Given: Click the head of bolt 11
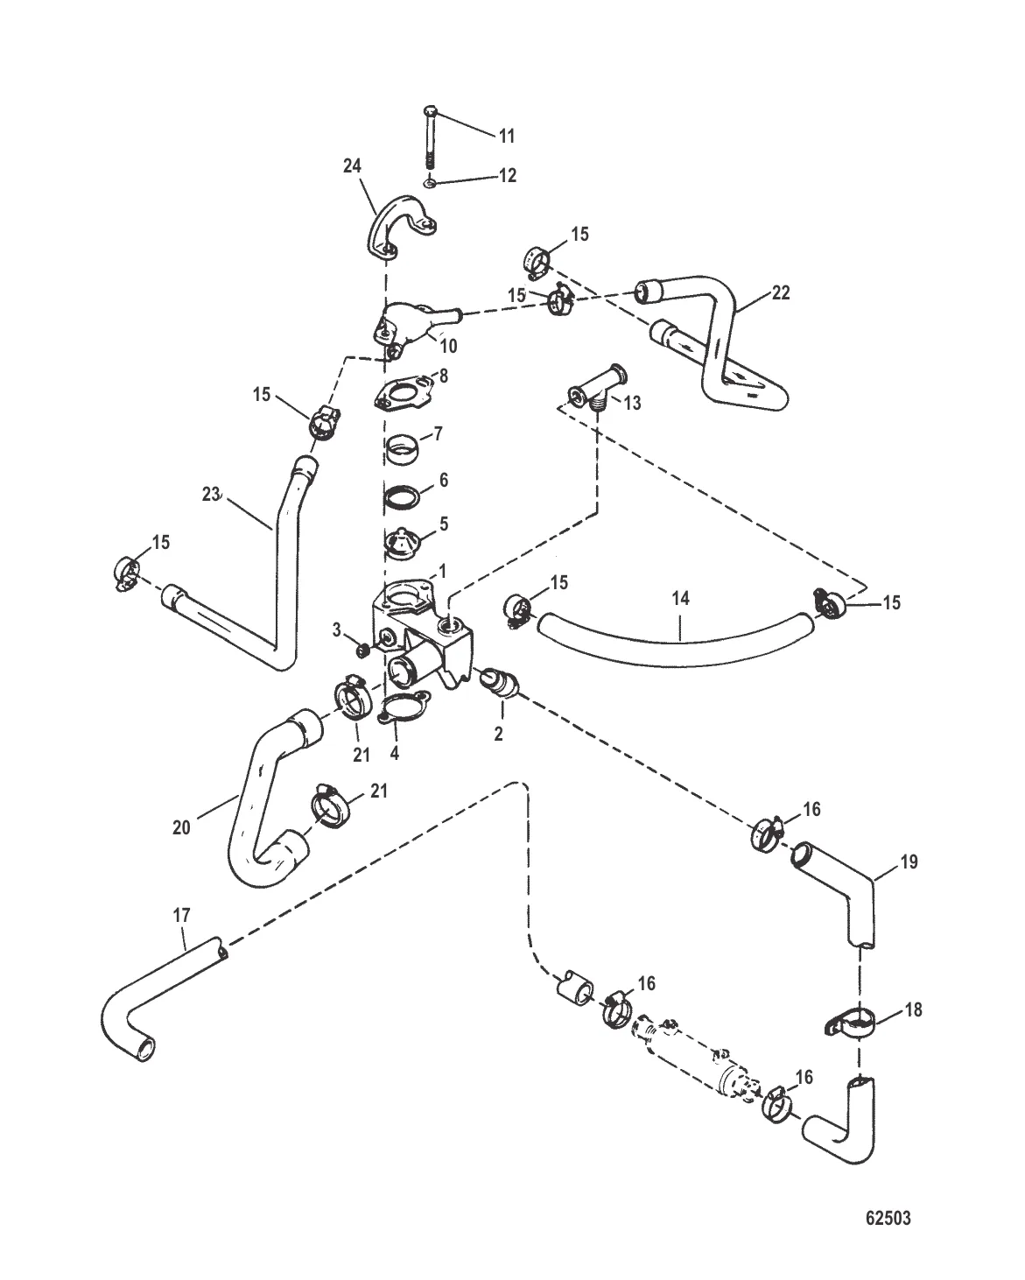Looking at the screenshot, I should coord(430,111).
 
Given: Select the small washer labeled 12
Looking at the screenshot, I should coord(429,183).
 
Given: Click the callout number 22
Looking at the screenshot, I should coord(782,292).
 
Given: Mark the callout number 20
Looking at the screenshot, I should coord(181,826).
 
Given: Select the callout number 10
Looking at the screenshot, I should coord(450,346).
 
